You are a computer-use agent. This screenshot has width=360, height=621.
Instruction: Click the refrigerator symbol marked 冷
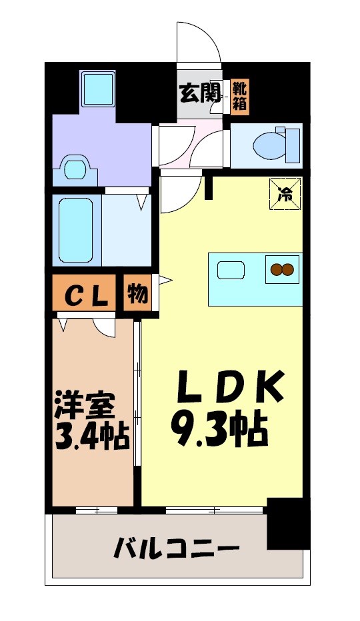[x=285, y=194]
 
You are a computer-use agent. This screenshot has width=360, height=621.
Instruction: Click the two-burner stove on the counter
[x=281, y=270]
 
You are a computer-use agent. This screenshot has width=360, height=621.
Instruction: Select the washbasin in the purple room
[x=75, y=169]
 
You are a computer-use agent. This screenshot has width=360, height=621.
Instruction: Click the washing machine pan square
[x=99, y=88]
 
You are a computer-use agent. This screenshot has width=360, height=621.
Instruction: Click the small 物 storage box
[x=137, y=294]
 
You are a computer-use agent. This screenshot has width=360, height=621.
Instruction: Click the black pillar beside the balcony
[x=288, y=522]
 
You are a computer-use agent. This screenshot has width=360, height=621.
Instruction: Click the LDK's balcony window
[x=213, y=510]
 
